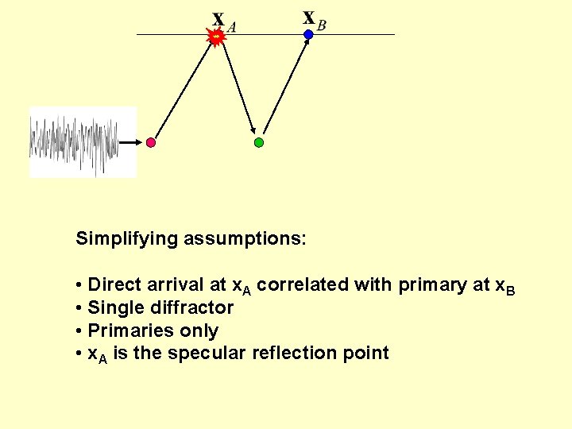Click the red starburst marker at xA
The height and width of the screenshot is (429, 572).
(x=215, y=36)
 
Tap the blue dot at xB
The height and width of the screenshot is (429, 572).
(x=308, y=35)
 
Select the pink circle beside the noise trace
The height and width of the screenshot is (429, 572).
(x=151, y=143)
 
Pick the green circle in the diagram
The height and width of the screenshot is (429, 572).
(x=258, y=143)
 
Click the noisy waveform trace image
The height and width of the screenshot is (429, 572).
(x=83, y=142)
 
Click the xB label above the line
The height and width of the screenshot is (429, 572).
(x=315, y=20)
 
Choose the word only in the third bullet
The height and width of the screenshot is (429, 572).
(x=201, y=330)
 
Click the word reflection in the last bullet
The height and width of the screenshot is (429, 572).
(x=293, y=353)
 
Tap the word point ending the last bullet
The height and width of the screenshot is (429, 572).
(x=365, y=354)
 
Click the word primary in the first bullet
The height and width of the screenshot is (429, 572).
(x=435, y=284)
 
